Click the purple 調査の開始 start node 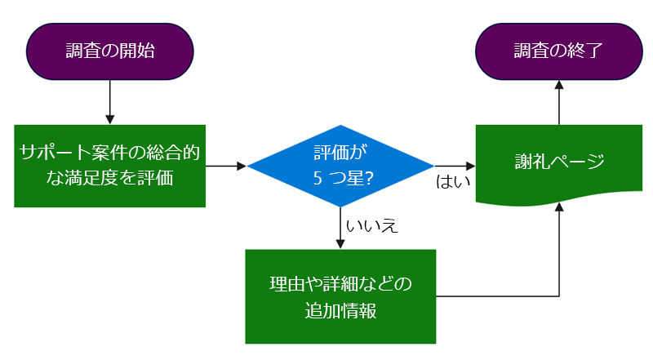(x=110, y=51)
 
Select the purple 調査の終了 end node (x=559, y=51)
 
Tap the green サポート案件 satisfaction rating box (x=110, y=166)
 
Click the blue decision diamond (x=340, y=166)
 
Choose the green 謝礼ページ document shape (x=559, y=164)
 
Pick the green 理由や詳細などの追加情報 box (x=340, y=296)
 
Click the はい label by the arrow (x=453, y=182)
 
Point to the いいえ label (x=372, y=226)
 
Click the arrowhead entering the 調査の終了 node (x=559, y=85)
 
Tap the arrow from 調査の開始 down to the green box (x=110, y=102)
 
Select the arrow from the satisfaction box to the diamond (x=226, y=166)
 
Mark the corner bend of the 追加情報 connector (x=559, y=296)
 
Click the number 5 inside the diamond (x=318, y=178)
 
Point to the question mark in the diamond (x=369, y=178)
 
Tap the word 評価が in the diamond (x=340, y=153)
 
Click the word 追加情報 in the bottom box (x=340, y=311)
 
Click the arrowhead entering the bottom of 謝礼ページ (x=559, y=207)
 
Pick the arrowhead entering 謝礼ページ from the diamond (x=471, y=166)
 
